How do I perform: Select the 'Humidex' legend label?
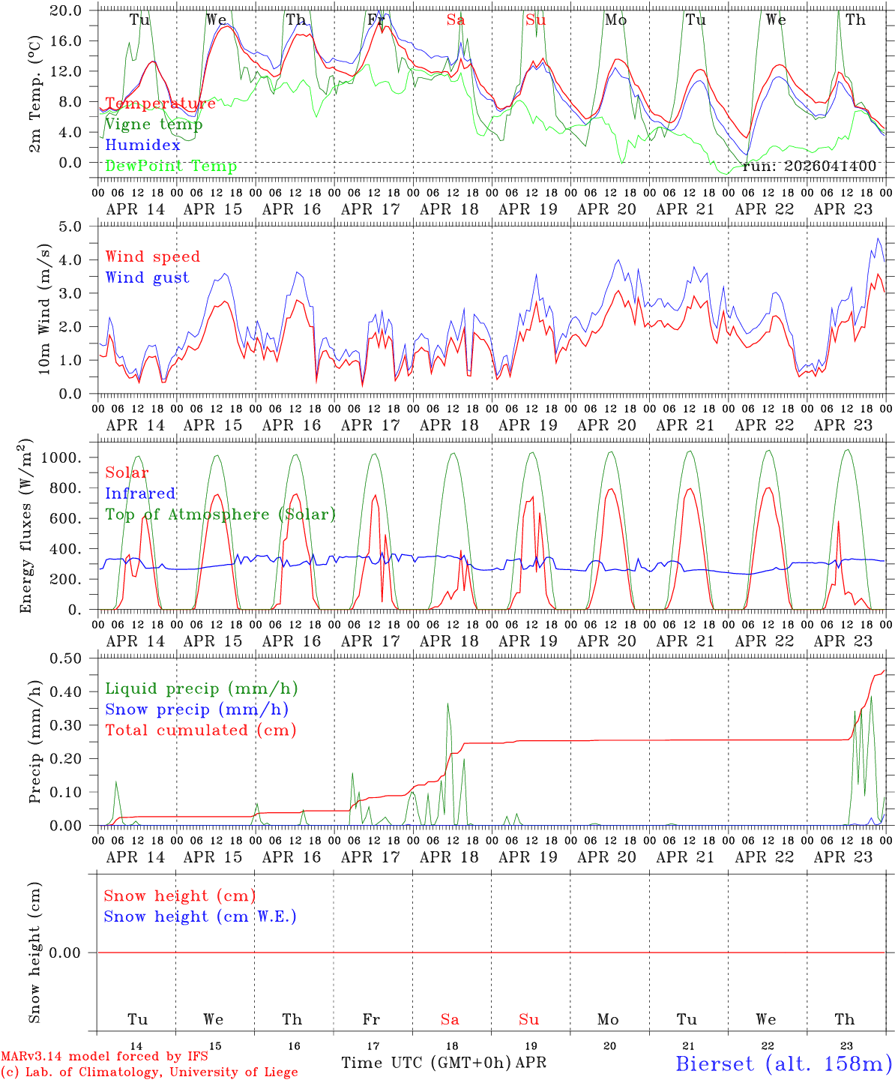coord(142,145)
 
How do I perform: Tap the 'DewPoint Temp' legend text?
coord(171,166)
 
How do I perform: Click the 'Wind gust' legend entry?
coord(147,277)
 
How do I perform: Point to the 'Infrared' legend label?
coord(140,493)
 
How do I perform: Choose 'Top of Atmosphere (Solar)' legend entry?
coord(220,514)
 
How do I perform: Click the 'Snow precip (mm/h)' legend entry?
coord(196,709)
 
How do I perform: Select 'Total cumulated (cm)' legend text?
coord(200,730)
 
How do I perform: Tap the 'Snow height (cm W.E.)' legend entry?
coord(200,916)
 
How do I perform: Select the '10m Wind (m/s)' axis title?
coord(45,309)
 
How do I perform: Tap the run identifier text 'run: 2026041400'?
coord(809,166)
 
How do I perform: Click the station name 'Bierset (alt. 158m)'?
coord(783,1063)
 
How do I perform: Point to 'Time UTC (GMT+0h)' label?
coord(427,1063)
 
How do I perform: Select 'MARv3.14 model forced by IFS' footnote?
coord(104,1056)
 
